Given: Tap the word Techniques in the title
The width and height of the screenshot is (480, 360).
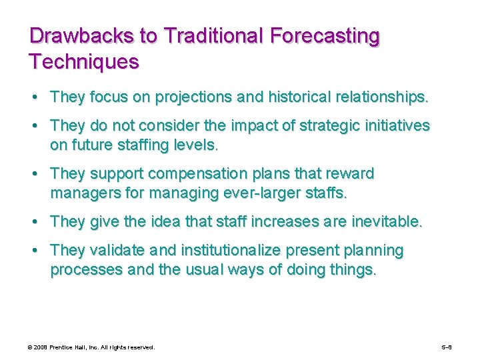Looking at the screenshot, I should pos(84,63).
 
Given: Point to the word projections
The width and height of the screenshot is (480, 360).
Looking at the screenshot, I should pos(194,97).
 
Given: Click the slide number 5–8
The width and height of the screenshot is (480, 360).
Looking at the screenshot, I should pos(447,347).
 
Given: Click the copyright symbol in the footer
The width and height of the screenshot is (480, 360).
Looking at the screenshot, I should pos(30,347).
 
